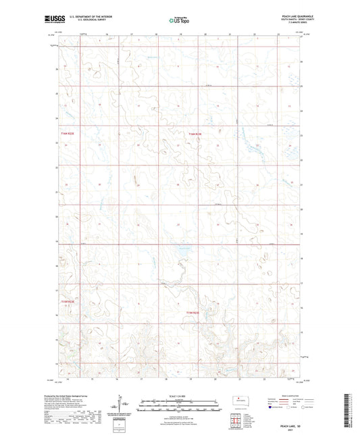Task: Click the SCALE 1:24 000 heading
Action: click(180, 395)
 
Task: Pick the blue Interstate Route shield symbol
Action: click(271, 408)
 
